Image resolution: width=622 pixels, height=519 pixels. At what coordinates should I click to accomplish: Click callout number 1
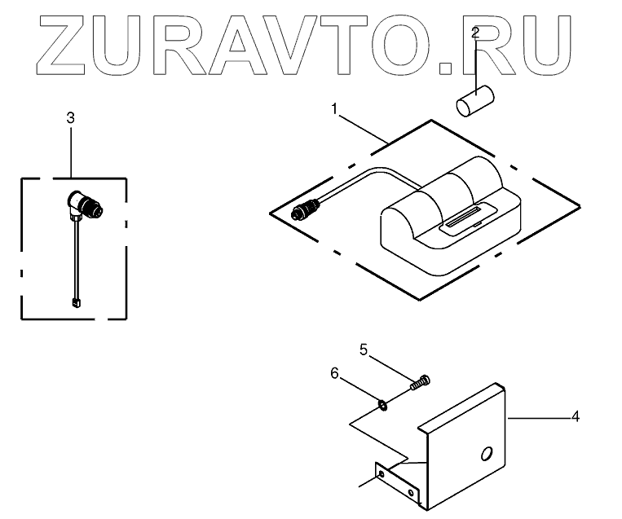(x=333, y=108)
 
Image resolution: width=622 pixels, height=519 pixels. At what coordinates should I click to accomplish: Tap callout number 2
(x=475, y=33)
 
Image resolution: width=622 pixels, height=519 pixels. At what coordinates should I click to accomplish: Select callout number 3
(x=70, y=117)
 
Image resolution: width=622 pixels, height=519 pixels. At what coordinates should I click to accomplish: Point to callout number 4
(x=575, y=416)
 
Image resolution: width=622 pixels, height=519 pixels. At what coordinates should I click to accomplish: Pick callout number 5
(x=364, y=351)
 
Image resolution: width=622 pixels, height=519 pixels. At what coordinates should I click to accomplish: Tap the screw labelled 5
(x=420, y=381)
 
